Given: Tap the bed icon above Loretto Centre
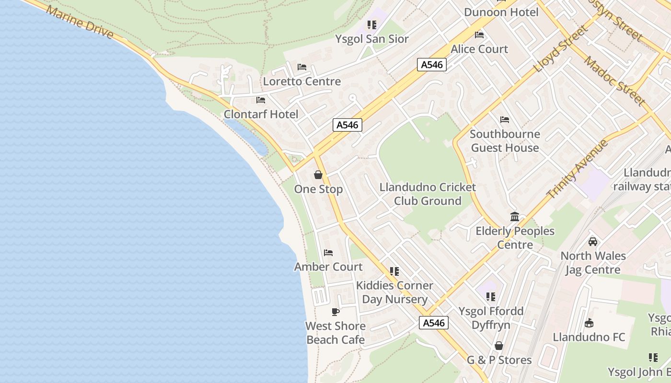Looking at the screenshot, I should tap(302, 67).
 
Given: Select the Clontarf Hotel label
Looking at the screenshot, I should tap(261, 114).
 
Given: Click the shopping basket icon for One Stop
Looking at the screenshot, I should tap(318, 175).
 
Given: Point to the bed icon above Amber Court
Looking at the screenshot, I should tap(328, 252).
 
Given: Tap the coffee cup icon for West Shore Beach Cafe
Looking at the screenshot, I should tap(335, 312).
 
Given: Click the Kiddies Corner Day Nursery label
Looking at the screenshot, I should tap(394, 292).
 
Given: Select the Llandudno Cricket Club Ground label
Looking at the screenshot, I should tap(428, 194).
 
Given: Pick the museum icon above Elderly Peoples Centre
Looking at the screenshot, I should tap(515, 216).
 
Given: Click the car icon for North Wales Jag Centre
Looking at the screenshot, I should tap(593, 242).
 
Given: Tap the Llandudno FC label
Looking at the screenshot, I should tap(589, 337).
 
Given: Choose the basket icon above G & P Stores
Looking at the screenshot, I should tap(499, 346).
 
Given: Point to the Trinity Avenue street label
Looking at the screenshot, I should tap(577, 169).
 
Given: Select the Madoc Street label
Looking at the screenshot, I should tap(614, 80).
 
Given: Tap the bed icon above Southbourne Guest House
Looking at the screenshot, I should tap(504, 119).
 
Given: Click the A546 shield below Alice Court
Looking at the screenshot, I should tap(432, 65).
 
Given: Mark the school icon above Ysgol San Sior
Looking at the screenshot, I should tap(372, 24).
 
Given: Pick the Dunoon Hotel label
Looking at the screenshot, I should tap(501, 12).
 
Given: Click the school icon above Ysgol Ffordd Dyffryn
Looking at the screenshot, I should tap(490, 297).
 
